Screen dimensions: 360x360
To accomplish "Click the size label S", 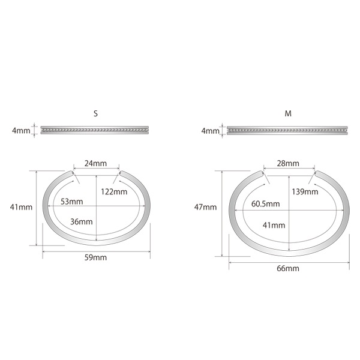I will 96,113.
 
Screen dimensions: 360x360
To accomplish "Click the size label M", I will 288,113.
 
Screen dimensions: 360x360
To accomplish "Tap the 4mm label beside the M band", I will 210,130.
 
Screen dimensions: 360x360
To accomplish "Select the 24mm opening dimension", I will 97,162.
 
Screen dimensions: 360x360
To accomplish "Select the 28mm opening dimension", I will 288,163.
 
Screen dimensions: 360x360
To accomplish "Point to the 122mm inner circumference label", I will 114,191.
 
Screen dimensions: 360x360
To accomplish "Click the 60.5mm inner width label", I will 265,203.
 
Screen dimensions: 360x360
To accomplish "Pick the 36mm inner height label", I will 81,221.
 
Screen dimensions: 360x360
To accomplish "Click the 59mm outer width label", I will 96,257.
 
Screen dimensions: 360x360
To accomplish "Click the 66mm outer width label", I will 288,268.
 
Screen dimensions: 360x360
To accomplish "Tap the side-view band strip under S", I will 96,130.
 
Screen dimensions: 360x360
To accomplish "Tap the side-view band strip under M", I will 288,130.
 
